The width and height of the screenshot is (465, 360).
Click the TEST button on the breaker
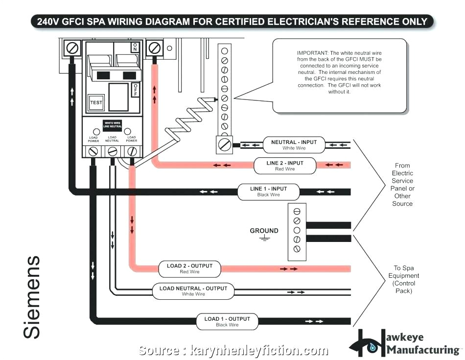[x=96, y=102]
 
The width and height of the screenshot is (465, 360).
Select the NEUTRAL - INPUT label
[x=294, y=144]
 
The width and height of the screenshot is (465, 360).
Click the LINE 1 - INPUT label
[x=268, y=192]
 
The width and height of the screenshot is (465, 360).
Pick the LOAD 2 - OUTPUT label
[x=190, y=268]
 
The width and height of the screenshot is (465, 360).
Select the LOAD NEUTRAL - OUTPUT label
[x=193, y=291]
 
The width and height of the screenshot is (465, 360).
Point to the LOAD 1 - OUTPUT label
[x=227, y=321]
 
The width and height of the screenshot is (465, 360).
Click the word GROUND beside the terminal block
[x=264, y=231]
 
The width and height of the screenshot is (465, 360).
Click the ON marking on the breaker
[x=135, y=48]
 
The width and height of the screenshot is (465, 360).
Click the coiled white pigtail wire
[x=188, y=118]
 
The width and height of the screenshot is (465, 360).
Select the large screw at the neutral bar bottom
[x=224, y=144]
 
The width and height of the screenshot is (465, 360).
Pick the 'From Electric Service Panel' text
[x=402, y=184]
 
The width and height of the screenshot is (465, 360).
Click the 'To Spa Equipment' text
[x=404, y=279]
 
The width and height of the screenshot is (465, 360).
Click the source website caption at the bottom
[x=233, y=351]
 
